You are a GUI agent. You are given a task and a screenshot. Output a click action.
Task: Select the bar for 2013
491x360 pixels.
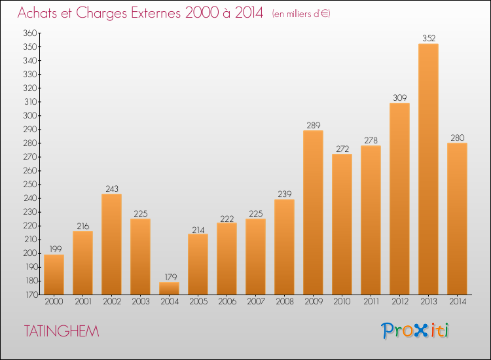point(428,169)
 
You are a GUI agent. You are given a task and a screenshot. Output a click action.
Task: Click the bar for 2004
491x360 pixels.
point(169,288)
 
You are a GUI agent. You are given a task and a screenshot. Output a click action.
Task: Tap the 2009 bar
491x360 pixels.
point(313,213)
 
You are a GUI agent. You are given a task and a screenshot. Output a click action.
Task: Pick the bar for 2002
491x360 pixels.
point(111,244)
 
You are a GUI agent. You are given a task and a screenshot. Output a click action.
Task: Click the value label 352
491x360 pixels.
point(429,38)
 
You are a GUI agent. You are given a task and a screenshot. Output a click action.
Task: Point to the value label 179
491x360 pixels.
point(171,277)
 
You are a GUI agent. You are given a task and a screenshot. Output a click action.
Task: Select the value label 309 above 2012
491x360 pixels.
point(400,98)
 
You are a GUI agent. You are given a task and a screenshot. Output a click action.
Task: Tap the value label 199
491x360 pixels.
point(56,249)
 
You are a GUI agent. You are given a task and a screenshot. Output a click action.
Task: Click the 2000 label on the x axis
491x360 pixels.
point(54,302)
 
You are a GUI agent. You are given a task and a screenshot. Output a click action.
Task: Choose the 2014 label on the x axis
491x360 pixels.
point(458,302)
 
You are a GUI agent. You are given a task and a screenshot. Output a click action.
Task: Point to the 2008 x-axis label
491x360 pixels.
point(285,302)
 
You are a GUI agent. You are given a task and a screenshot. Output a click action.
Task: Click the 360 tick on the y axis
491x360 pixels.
point(29,33)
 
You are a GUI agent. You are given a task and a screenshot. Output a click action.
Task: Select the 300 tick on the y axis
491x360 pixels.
point(29,115)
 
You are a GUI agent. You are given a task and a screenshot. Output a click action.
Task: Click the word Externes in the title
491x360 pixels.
point(156,13)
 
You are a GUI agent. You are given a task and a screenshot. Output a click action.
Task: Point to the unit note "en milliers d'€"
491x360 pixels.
point(301,14)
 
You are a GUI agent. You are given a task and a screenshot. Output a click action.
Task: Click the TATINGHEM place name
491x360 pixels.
point(62,331)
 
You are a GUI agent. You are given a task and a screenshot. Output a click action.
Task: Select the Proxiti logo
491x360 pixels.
point(415,331)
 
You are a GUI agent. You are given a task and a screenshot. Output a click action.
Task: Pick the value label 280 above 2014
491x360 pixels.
point(458,137)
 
